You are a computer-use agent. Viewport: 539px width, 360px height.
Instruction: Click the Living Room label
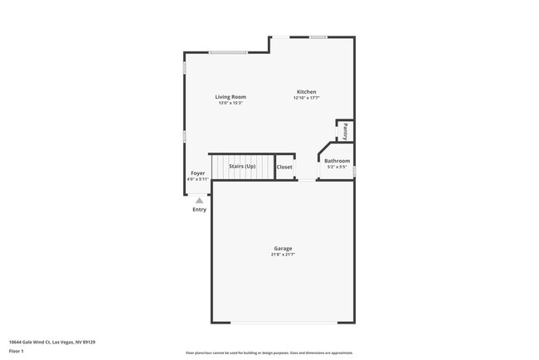[x=231, y=97]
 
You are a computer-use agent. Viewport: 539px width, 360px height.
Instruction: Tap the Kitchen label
[x=306, y=92]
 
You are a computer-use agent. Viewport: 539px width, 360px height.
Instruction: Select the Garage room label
[x=283, y=248]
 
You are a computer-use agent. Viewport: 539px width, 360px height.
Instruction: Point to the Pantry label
[x=345, y=130]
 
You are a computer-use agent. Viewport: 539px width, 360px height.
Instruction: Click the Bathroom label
[x=337, y=161]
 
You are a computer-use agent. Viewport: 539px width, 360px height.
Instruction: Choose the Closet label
[x=284, y=167]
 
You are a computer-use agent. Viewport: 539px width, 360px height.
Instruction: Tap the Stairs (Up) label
[x=242, y=166]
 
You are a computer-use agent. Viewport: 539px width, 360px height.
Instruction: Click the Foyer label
[x=197, y=173]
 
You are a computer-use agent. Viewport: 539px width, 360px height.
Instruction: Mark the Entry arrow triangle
[x=199, y=200]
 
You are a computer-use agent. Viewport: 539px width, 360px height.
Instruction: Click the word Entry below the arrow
[x=199, y=209]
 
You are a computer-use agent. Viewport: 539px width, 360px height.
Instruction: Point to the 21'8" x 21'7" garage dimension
[x=283, y=255]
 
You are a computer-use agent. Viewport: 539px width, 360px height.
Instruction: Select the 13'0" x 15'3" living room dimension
[x=231, y=103]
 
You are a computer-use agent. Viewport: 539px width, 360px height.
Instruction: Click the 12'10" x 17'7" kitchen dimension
[x=306, y=98]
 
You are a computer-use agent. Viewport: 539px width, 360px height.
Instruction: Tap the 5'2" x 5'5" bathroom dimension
[x=337, y=167]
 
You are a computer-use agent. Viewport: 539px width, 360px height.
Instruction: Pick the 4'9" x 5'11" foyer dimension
[x=197, y=178]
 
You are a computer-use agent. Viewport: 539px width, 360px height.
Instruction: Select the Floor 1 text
[x=17, y=351]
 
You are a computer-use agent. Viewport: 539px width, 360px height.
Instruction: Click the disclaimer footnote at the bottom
[x=269, y=353]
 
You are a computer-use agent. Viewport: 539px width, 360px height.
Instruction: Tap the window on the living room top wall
[x=228, y=53]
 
